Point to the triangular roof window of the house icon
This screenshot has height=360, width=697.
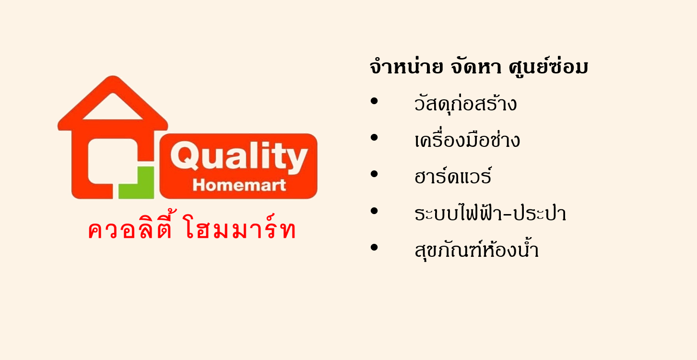113,107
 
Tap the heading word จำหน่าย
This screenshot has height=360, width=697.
406,66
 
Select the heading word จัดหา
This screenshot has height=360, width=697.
476,67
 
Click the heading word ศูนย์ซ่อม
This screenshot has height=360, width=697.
548,66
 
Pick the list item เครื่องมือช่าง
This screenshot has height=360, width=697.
467,140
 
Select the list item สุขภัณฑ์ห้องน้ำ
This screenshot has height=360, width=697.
477,249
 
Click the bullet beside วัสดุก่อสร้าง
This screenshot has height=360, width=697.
374,101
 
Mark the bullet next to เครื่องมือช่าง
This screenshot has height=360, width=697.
374,138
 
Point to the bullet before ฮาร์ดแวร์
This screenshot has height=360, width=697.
374,174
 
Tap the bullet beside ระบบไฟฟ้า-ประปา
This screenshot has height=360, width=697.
374,211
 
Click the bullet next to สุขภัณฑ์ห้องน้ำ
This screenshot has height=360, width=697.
374,248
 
